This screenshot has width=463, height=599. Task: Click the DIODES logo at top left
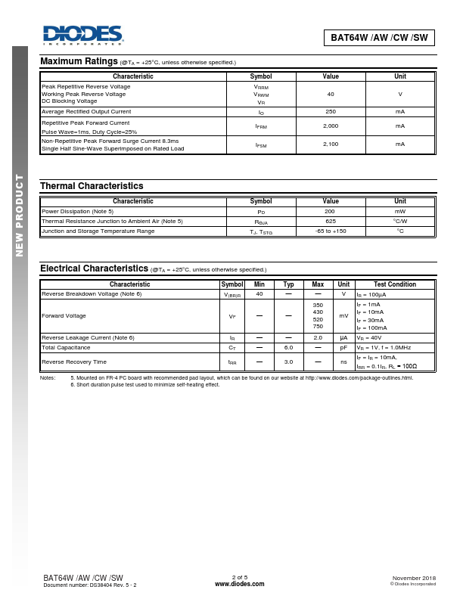(x=82, y=35)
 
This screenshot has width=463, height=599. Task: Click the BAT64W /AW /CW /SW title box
(x=378, y=37)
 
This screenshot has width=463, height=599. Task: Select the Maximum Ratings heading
(x=78, y=61)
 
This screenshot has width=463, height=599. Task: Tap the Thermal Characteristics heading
(x=92, y=185)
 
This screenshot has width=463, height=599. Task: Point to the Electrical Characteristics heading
(x=94, y=268)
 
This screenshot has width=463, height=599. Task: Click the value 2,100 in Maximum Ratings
(x=331, y=144)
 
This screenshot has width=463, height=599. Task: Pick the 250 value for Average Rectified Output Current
(x=331, y=111)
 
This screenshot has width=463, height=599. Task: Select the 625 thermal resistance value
(x=331, y=221)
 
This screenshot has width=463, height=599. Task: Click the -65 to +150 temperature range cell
(x=331, y=231)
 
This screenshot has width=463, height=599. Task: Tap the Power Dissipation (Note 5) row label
(x=77, y=211)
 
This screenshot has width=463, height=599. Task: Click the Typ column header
(x=288, y=284)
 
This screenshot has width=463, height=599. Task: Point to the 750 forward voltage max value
(x=318, y=327)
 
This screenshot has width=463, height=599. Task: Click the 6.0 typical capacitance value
(x=288, y=347)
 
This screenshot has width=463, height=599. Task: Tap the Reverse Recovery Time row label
(x=73, y=362)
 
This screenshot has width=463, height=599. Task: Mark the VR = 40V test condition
(x=371, y=337)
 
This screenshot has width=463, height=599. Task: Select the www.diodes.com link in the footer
(x=239, y=585)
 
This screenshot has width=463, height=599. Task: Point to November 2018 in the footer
(x=414, y=578)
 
